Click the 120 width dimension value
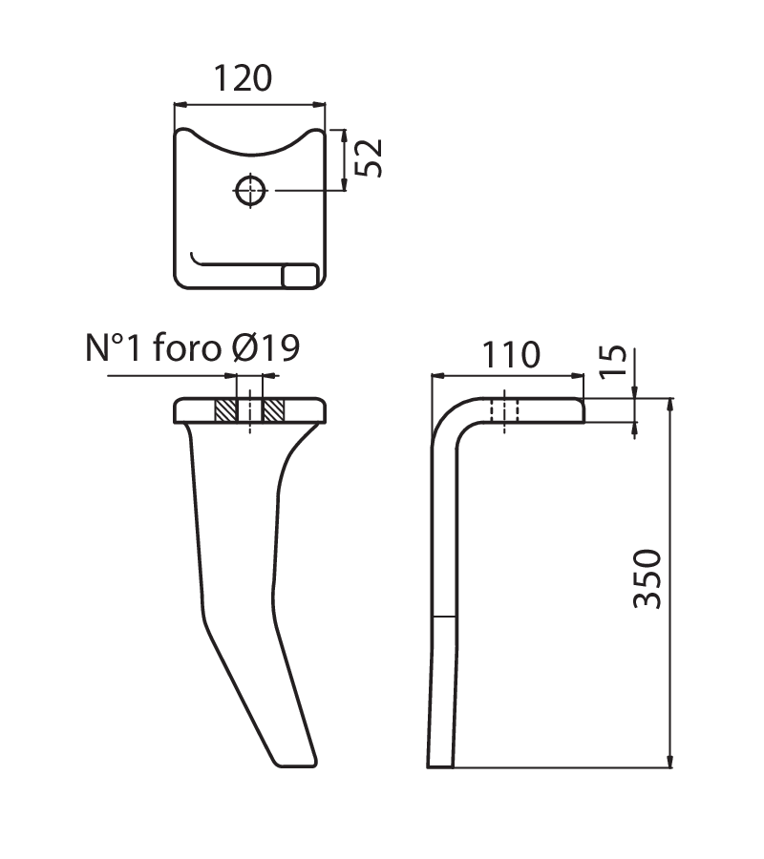tap(243, 78)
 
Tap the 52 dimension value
tap(369, 157)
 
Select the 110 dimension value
tap(511, 355)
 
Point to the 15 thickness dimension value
tap(613, 362)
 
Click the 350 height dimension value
tap(647, 579)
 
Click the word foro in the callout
tap(187, 347)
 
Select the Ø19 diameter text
tap(266, 347)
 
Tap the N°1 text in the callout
tap(114, 347)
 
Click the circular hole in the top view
tap(250, 191)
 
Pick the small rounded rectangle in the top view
tap(300, 276)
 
